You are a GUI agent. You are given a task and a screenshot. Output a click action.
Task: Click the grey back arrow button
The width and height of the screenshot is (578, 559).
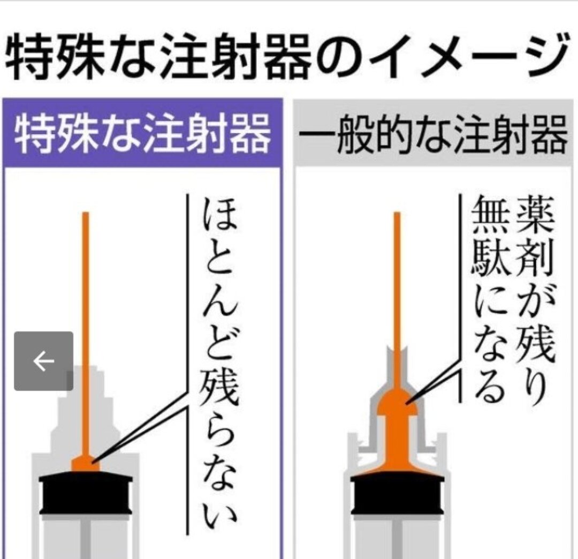[43, 361]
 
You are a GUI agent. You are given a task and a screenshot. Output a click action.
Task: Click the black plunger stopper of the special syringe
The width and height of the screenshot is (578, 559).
[86, 493]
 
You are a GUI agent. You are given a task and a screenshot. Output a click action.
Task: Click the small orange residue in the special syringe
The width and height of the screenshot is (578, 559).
[86, 464]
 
